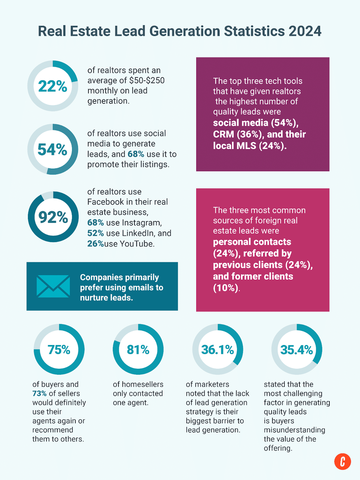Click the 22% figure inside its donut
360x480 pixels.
coord(52,86)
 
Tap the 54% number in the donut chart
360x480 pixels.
coord(52,149)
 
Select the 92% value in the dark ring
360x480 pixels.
coord(53,217)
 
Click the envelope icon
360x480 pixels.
coord(53,286)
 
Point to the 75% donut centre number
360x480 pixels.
coord(59,349)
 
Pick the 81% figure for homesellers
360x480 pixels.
coord(138,349)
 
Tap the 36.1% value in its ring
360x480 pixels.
coord(217,350)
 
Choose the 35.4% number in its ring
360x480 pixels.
coord(297,350)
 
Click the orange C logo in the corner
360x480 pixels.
coord(342,462)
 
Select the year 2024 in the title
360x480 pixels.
coord(305,31)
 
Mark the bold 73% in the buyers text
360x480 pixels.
coord(39,393)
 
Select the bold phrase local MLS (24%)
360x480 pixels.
coord(249,146)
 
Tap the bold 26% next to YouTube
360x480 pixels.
coord(95,244)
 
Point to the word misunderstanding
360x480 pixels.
coord(294,430)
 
